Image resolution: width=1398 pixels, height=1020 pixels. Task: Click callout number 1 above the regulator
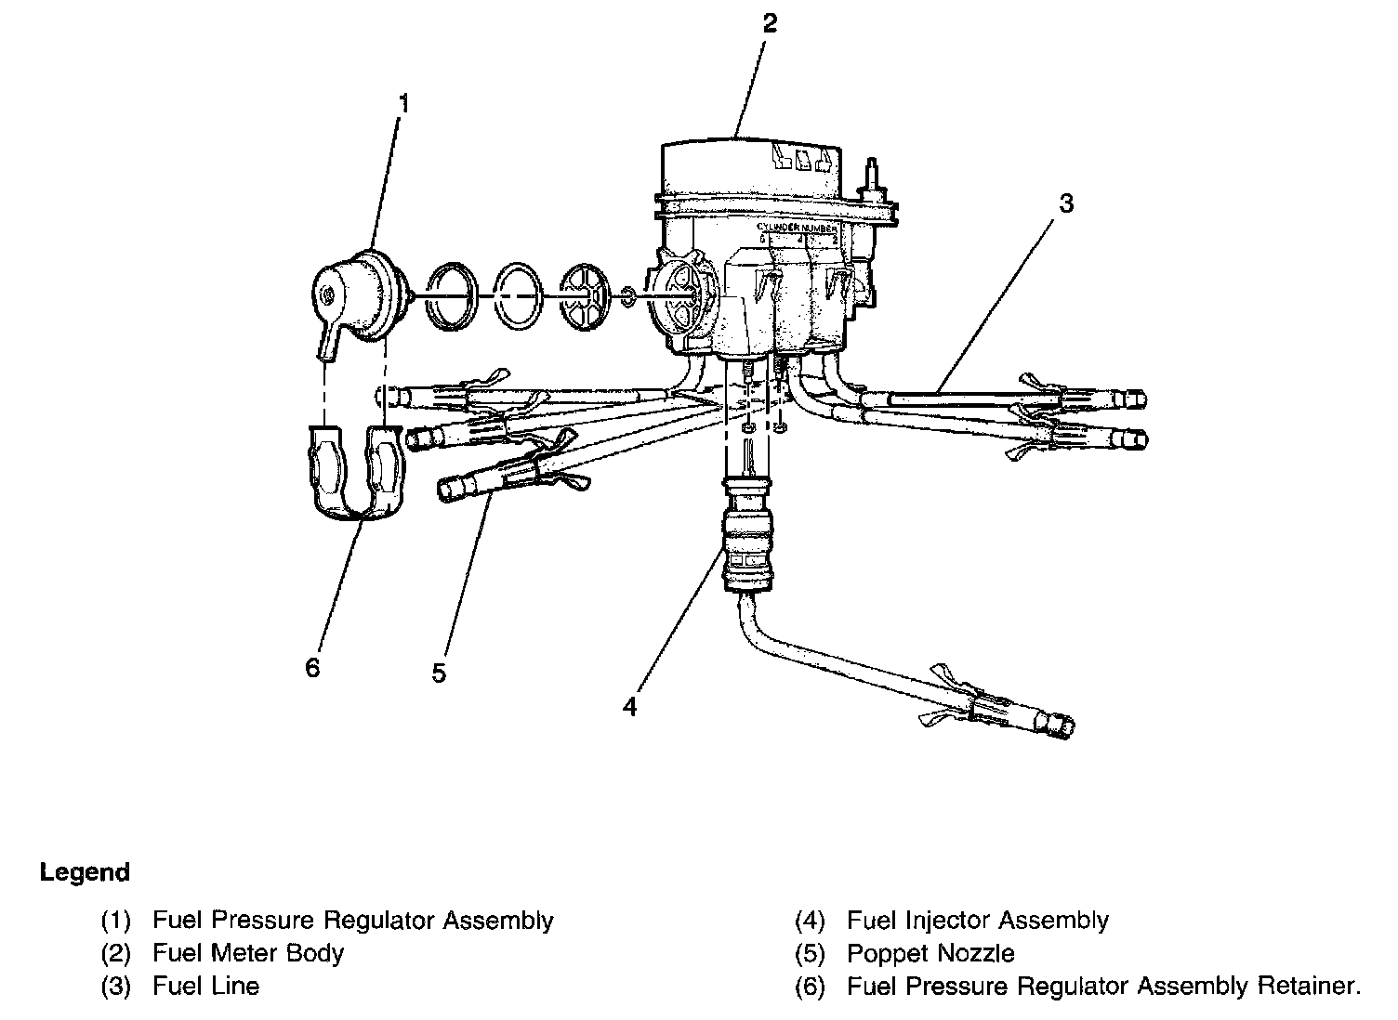(x=403, y=104)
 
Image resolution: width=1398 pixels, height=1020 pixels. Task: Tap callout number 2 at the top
(x=769, y=24)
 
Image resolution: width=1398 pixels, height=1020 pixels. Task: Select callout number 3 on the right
(x=1066, y=203)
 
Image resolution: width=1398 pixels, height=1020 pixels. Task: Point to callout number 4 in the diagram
(x=630, y=707)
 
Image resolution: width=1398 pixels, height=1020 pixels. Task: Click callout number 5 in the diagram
(x=439, y=673)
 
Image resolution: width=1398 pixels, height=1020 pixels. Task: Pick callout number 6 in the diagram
(x=312, y=667)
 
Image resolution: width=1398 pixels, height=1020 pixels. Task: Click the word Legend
(x=85, y=873)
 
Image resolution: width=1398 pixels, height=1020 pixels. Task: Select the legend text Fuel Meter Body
(x=248, y=953)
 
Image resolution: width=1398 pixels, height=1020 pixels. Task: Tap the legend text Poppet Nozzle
(x=930, y=953)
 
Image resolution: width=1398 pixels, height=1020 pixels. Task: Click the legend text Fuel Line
(x=206, y=986)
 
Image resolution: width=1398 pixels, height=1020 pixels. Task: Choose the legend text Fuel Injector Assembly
(x=977, y=921)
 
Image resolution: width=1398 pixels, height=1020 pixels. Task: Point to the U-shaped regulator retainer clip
(x=357, y=474)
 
